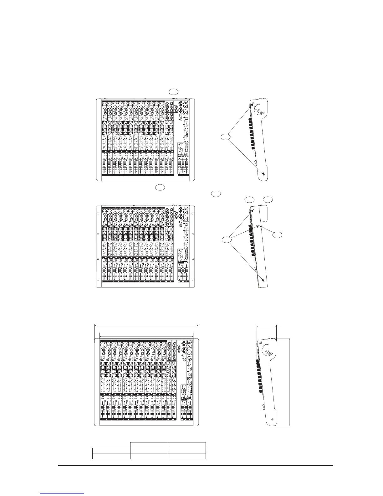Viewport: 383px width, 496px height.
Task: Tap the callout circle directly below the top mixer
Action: pos(160,188)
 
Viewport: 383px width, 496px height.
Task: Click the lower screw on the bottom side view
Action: pos(272,419)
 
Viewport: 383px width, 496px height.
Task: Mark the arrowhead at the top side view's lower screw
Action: pos(264,174)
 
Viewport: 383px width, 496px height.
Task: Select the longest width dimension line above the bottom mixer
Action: pos(146,326)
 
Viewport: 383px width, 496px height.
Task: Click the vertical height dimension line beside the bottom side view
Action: pos(290,381)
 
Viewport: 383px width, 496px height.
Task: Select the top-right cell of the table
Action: pos(186,444)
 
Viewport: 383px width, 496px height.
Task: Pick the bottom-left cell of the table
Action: pos(111,456)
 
